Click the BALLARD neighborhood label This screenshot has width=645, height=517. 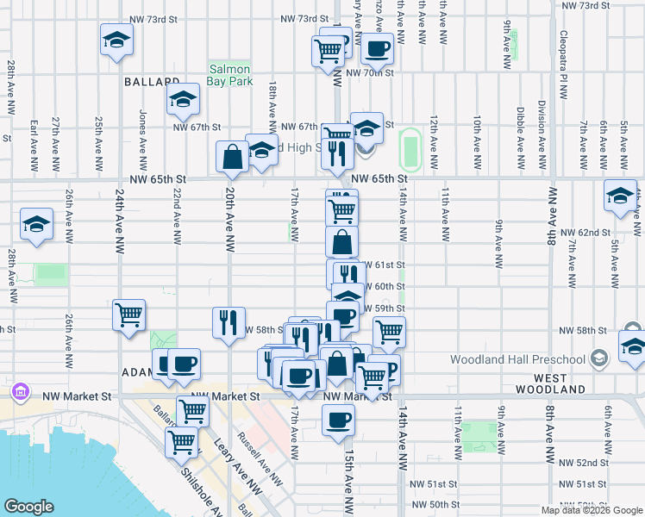(x=151, y=83)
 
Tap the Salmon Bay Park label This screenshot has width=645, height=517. (x=229, y=76)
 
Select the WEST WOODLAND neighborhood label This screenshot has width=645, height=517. (x=549, y=384)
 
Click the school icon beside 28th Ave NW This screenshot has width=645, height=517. (x=37, y=226)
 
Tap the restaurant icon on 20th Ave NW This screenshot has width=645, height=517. (x=229, y=322)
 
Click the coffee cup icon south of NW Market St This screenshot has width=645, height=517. (x=338, y=420)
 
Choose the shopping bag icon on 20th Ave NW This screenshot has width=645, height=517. (x=232, y=156)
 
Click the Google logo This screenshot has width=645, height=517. (x=29, y=507)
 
